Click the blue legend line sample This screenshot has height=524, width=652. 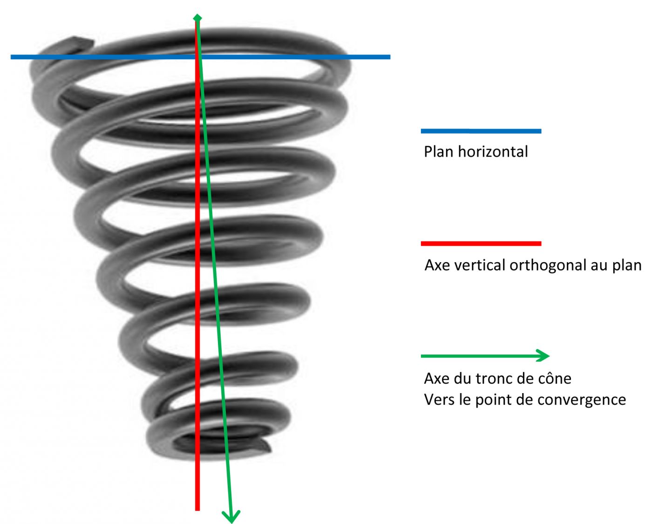(x=481, y=131)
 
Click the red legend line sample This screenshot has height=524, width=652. (x=481, y=244)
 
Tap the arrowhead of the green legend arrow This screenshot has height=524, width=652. (x=544, y=356)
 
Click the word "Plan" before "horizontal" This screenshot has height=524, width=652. (x=439, y=152)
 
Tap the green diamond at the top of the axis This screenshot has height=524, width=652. (x=197, y=18)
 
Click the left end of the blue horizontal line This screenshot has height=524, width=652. (x=13, y=57)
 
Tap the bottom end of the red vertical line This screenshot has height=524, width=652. (x=197, y=509)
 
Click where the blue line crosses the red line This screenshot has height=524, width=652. (x=197, y=57)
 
